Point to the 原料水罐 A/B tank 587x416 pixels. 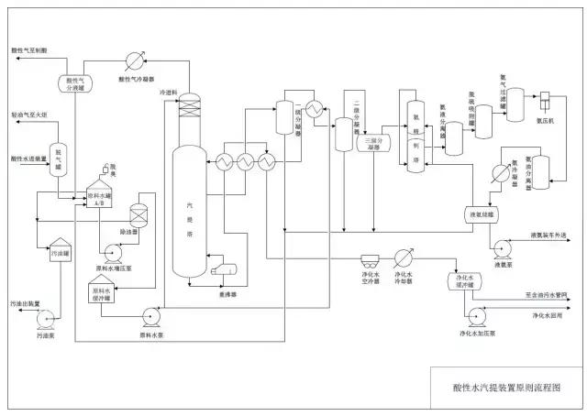pos(102,197)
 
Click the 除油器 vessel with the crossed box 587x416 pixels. pos(140,215)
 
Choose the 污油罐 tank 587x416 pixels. pos(59,251)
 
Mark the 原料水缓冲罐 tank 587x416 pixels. pos(101,294)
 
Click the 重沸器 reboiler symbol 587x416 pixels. pos(225,270)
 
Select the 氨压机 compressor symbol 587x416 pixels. pos(546,103)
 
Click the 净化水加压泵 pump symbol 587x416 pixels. pos(477,317)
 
